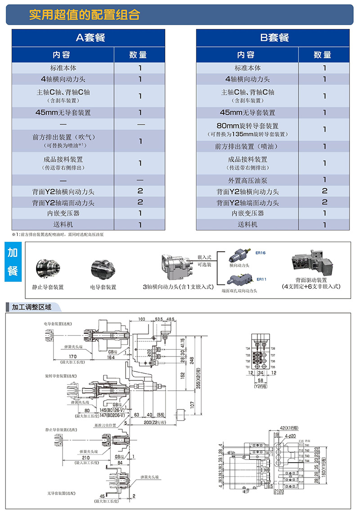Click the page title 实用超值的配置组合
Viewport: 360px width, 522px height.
85,15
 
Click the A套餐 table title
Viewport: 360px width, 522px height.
91,38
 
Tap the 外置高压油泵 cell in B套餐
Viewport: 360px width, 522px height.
247,180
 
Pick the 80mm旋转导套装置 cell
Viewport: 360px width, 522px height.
247,126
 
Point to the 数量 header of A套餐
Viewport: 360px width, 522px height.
138,55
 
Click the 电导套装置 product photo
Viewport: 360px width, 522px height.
103,268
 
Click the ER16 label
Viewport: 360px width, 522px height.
260,253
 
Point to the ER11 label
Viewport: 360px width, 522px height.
261,279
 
